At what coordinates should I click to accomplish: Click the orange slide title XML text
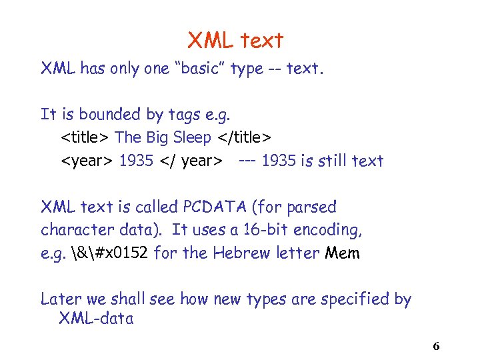235,41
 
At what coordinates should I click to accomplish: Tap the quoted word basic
198,69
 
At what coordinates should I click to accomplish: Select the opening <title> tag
86,138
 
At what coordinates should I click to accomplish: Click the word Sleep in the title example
193,138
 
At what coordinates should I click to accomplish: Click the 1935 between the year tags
136,161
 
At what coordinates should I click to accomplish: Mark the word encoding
333,231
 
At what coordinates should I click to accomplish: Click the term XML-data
96,319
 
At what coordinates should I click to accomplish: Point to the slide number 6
436,346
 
